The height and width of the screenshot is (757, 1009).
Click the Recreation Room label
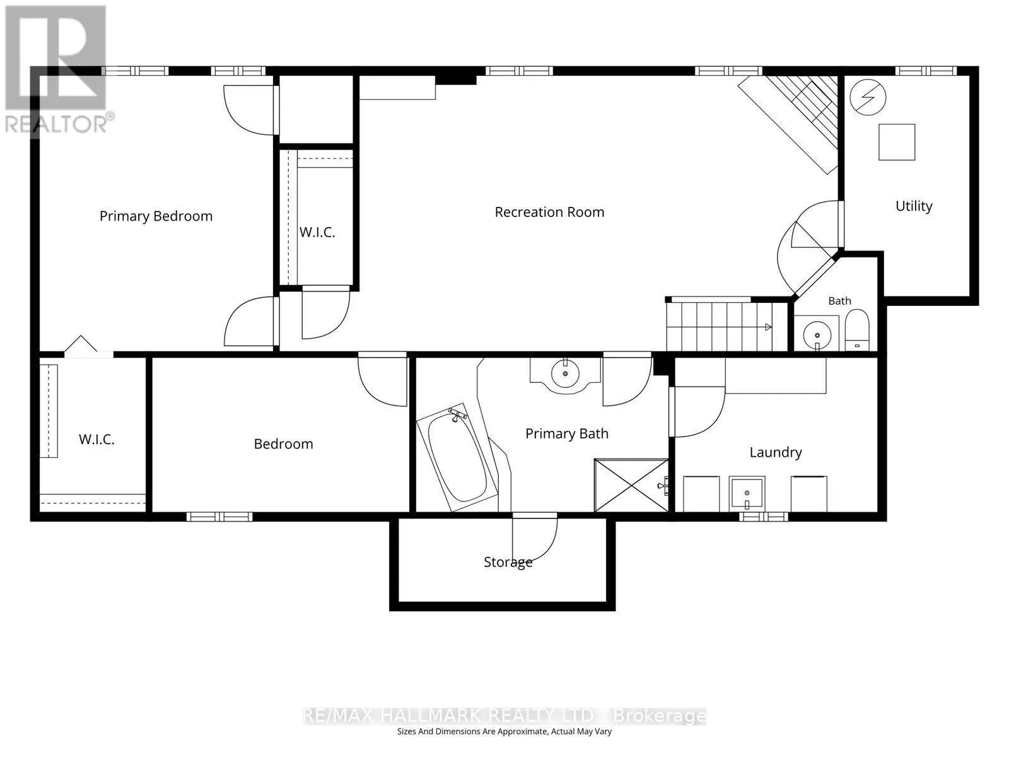[549, 213]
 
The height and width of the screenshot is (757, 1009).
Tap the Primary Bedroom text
[156, 216]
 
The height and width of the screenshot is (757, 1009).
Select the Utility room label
[914, 206]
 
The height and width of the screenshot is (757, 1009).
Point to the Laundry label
[776, 452]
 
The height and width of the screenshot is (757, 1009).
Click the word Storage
[508, 562]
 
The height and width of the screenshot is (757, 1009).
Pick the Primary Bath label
[567, 433]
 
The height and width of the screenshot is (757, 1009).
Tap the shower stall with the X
[631, 485]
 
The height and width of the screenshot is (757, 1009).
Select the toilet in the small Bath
[857, 330]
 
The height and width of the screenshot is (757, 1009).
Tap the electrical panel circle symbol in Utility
[868, 97]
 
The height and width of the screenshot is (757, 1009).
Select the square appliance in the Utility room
[897, 142]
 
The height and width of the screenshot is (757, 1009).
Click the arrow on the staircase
[768, 327]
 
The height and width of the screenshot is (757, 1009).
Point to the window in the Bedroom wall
[219, 517]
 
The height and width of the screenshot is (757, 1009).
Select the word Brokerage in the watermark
[660, 716]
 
